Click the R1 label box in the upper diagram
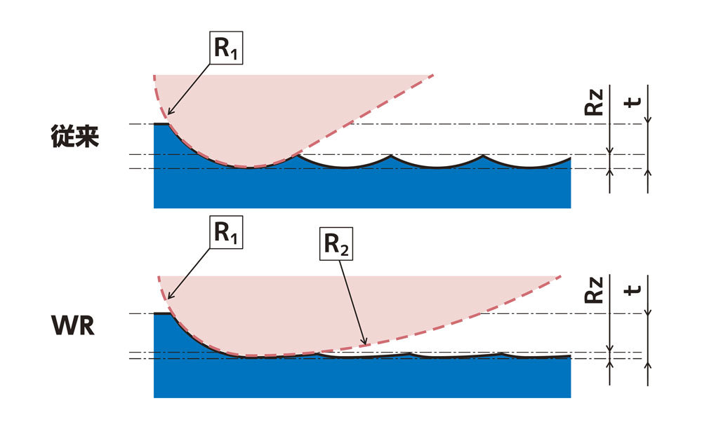[x=226, y=48]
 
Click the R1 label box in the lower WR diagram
[x=226, y=233]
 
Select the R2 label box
[x=336, y=244]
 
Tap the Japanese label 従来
[x=75, y=137]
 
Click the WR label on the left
[x=73, y=326]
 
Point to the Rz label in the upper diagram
[x=594, y=102]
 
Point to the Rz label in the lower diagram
[x=594, y=290]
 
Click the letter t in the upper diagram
[x=633, y=103]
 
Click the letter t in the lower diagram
[x=633, y=290]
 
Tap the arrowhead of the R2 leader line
[x=365, y=343]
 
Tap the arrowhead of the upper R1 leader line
[x=169, y=113]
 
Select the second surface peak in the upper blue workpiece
[x=391, y=155]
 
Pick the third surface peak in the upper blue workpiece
[x=483, y=155]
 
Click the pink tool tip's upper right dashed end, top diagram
[x=433, y=75]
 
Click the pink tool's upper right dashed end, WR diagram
[x=560, y=277]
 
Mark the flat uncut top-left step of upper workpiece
[x=161, y=124]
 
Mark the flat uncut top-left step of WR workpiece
[x=162, y=314]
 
